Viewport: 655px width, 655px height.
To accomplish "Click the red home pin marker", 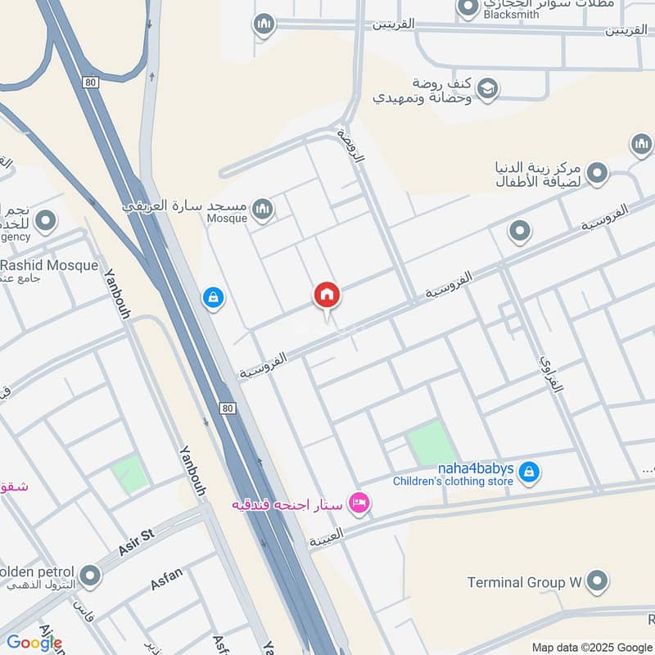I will [x=327, y=296].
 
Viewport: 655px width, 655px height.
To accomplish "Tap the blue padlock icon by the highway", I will [x=213, y=298].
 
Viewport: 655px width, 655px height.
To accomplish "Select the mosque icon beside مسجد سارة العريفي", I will [x=263, y=210].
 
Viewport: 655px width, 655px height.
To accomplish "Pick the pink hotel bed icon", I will [x=359, y=502].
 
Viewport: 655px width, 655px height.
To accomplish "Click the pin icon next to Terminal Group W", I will [x=599, y=582].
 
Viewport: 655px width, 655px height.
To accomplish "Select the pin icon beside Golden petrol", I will [x=90, y=577].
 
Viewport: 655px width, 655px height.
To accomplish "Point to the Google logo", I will [x=34, y=643].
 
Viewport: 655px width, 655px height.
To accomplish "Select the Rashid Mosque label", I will [x=49, y=265].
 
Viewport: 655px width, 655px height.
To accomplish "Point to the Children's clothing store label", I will [x=452, y=481].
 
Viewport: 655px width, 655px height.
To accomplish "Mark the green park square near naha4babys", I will [x=431, y=444].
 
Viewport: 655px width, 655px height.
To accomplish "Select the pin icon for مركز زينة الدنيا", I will [x=599, y=173].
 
